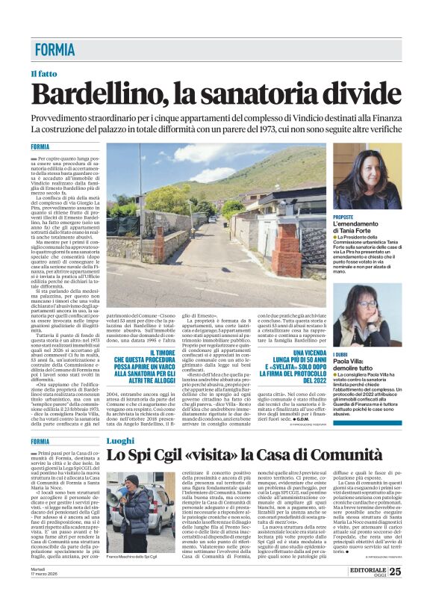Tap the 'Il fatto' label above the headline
43,75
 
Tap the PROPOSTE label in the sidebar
343,216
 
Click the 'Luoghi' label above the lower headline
120,442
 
